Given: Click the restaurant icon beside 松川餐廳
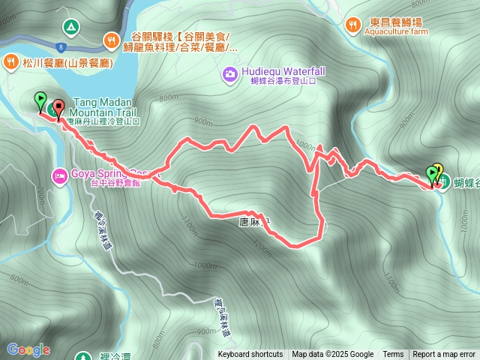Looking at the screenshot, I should [x=13, y=61].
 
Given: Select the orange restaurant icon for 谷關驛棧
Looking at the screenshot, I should [x=112, y=37].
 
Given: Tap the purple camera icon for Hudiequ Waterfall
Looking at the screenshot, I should [x=229, y=73].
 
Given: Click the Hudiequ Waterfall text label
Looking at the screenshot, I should [x=283, y=70].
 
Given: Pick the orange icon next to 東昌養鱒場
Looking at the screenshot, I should [x=353, y=26].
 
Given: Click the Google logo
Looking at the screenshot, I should [x=28, y=349].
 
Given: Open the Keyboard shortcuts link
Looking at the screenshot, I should [x=250, y=355].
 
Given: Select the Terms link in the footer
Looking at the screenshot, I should [x=393, y=355].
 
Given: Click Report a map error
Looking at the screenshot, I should [x=445, y=355].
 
